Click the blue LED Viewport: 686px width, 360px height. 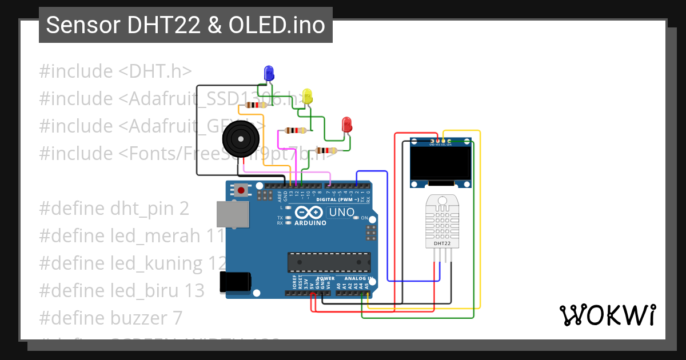268,73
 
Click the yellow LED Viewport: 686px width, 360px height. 308,95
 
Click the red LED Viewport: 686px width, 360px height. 346,124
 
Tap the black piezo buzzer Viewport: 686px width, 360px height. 240,138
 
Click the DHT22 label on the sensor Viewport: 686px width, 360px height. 442,243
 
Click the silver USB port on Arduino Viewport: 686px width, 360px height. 233,215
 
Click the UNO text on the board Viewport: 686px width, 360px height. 342,213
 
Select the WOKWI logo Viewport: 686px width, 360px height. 608,315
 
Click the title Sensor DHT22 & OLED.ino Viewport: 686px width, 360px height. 185,25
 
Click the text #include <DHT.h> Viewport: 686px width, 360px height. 115,71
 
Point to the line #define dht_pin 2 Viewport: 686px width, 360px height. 114,208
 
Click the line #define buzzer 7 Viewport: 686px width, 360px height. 111,317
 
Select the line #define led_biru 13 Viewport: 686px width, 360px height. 122,290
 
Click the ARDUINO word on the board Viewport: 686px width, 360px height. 310,223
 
